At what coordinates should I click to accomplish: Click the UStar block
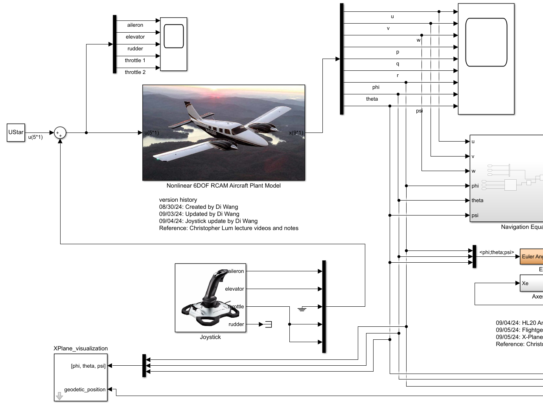(16, 133)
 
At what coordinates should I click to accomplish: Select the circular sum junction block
(60, 133)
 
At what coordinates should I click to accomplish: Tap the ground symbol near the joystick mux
(302, 309)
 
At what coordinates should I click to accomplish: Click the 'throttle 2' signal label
(135, 72)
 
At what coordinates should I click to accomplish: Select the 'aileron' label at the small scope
(135, 25)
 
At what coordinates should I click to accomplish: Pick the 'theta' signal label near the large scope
(372, 99)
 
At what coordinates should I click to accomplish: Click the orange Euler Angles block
(532, 256)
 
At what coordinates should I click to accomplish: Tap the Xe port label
(525, 283)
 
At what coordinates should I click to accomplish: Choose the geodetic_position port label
(85, 390)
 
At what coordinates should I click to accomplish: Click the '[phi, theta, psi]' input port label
(88, 366)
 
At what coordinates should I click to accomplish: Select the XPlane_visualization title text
(81, 348)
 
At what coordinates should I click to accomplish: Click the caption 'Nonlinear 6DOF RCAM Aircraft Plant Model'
(223, 186)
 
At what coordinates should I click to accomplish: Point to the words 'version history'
(178, 200)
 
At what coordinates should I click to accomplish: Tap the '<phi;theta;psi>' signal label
(497, 252)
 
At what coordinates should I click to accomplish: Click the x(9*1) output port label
(296, 133)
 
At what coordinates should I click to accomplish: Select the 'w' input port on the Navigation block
(473, 171)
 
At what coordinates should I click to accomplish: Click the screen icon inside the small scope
(173, 36)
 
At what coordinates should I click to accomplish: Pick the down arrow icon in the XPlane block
(59, 396)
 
